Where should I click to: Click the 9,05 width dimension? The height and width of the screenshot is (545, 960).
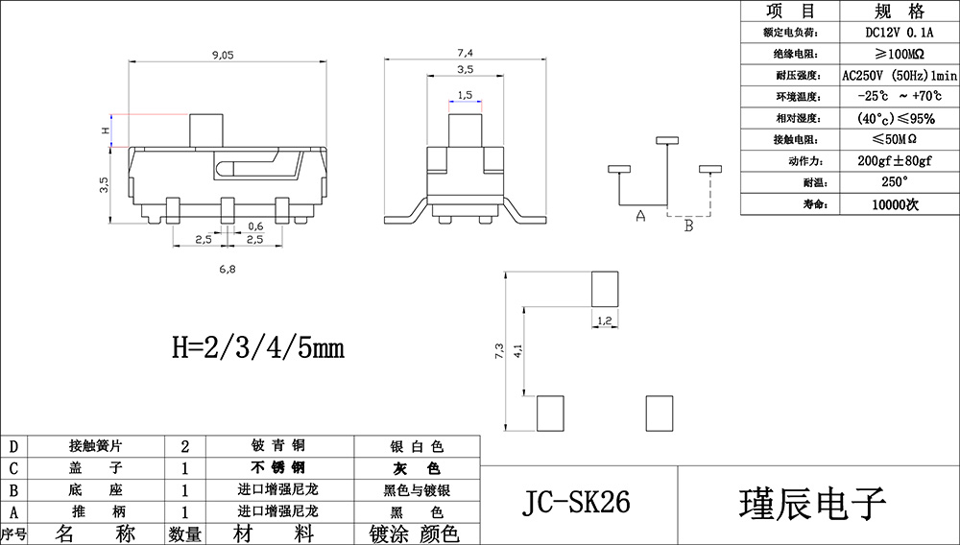coord(222,56)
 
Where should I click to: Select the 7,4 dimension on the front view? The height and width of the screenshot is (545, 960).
coord(466,52)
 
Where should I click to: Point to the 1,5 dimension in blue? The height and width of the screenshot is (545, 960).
coord(465,95)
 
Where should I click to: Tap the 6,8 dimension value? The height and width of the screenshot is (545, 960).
coord(228,271)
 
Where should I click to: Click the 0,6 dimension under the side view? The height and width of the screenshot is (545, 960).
coord(256,225)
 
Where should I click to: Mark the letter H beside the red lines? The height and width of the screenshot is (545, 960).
coord(106,130)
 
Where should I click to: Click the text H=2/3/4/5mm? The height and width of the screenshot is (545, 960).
coord(257,346)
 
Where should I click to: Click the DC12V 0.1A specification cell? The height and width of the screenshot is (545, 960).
coord(899,32)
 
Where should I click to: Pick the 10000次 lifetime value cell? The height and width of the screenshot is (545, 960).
coord(899,204)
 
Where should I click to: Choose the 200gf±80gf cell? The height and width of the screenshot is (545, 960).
coord(899,160)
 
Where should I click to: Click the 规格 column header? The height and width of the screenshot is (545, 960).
coord(899,12)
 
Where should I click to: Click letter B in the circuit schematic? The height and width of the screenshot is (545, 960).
coord(687,226)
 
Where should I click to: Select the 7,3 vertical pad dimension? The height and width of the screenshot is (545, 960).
coord(498,351)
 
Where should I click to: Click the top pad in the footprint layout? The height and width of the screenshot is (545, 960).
coord(605,287)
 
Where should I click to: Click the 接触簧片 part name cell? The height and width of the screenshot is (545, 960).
coord(95,446)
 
